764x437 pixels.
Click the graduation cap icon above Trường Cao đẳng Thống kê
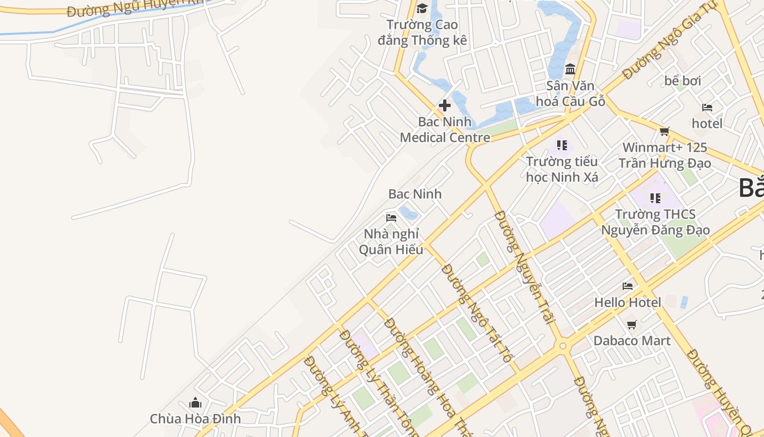[422, 8]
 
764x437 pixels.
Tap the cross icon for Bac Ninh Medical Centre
[445, 105]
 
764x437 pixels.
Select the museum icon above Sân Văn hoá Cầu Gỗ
[570, 69]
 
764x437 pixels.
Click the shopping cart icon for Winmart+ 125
[664, 131]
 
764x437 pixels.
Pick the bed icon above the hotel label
[707, 107]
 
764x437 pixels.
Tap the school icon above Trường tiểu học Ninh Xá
[562, 145]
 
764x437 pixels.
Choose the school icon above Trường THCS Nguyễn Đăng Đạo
[655, 198]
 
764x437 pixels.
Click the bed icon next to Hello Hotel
[628, 286]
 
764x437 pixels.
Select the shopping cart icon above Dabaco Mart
[632, 324]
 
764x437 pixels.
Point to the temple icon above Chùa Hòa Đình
[195, 403]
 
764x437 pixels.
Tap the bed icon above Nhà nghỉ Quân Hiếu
[391, 217]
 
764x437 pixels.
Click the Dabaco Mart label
[632, 341]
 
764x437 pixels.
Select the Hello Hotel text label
[628, 302]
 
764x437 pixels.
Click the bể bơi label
[683, 81]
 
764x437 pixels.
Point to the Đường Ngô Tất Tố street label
[477, 313]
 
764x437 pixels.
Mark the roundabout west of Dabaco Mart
[562, 345]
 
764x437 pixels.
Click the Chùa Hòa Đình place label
[195, 420]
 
